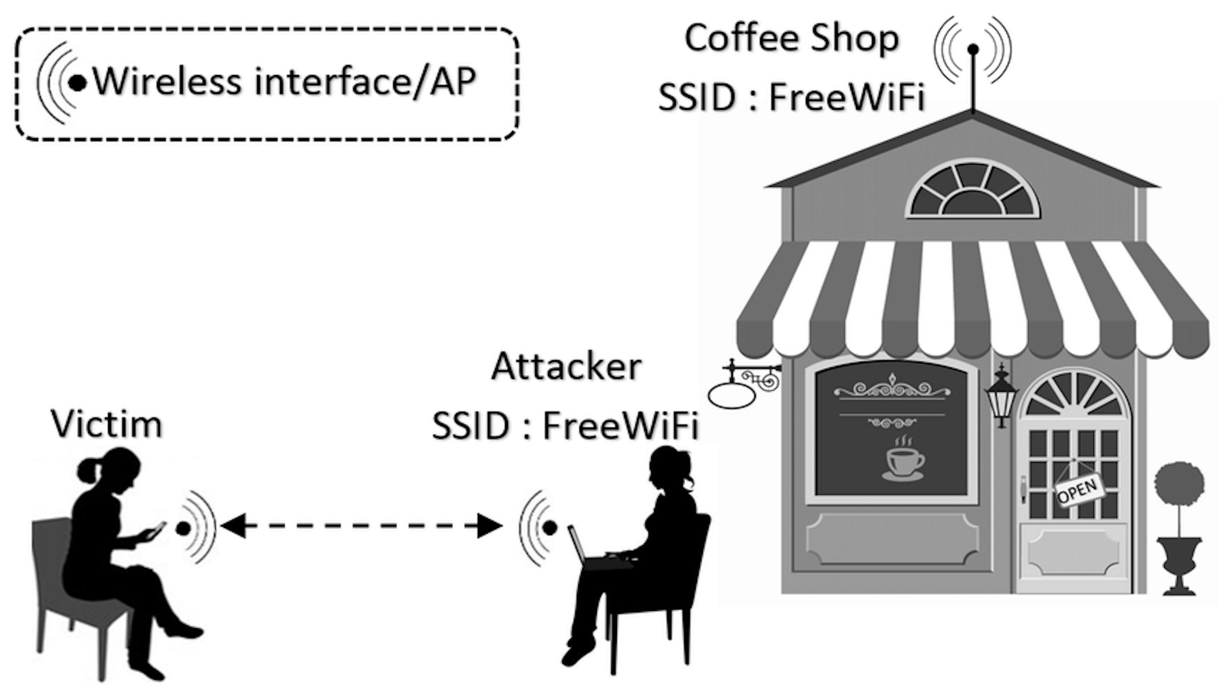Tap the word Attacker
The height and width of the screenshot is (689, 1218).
click(x=566, y=367)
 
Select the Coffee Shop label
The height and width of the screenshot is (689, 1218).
click(x=791, y=38)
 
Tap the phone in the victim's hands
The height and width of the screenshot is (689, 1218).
click(x=155, y=531)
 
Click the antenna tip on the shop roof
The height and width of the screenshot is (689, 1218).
click(x=973, y=49)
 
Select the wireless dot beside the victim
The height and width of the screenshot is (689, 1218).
click(x=183, y=528)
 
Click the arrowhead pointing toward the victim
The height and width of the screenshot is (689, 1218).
click(x=233, y=526)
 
